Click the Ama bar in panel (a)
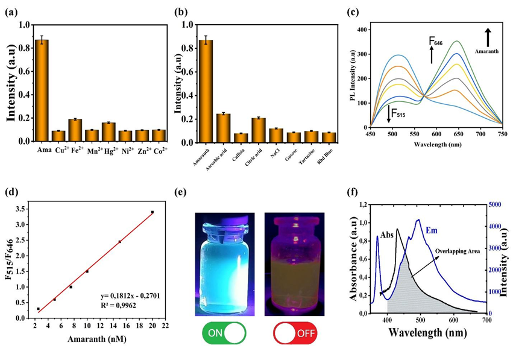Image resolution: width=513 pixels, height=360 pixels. click(42, 90)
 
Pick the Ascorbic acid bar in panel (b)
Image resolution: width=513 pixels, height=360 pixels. click(224, 127)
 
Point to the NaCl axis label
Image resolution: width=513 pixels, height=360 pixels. click(274, 151)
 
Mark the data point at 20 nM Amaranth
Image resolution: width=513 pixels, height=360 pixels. click(153, 212)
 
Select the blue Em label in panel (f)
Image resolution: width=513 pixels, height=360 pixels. click(432, 230)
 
